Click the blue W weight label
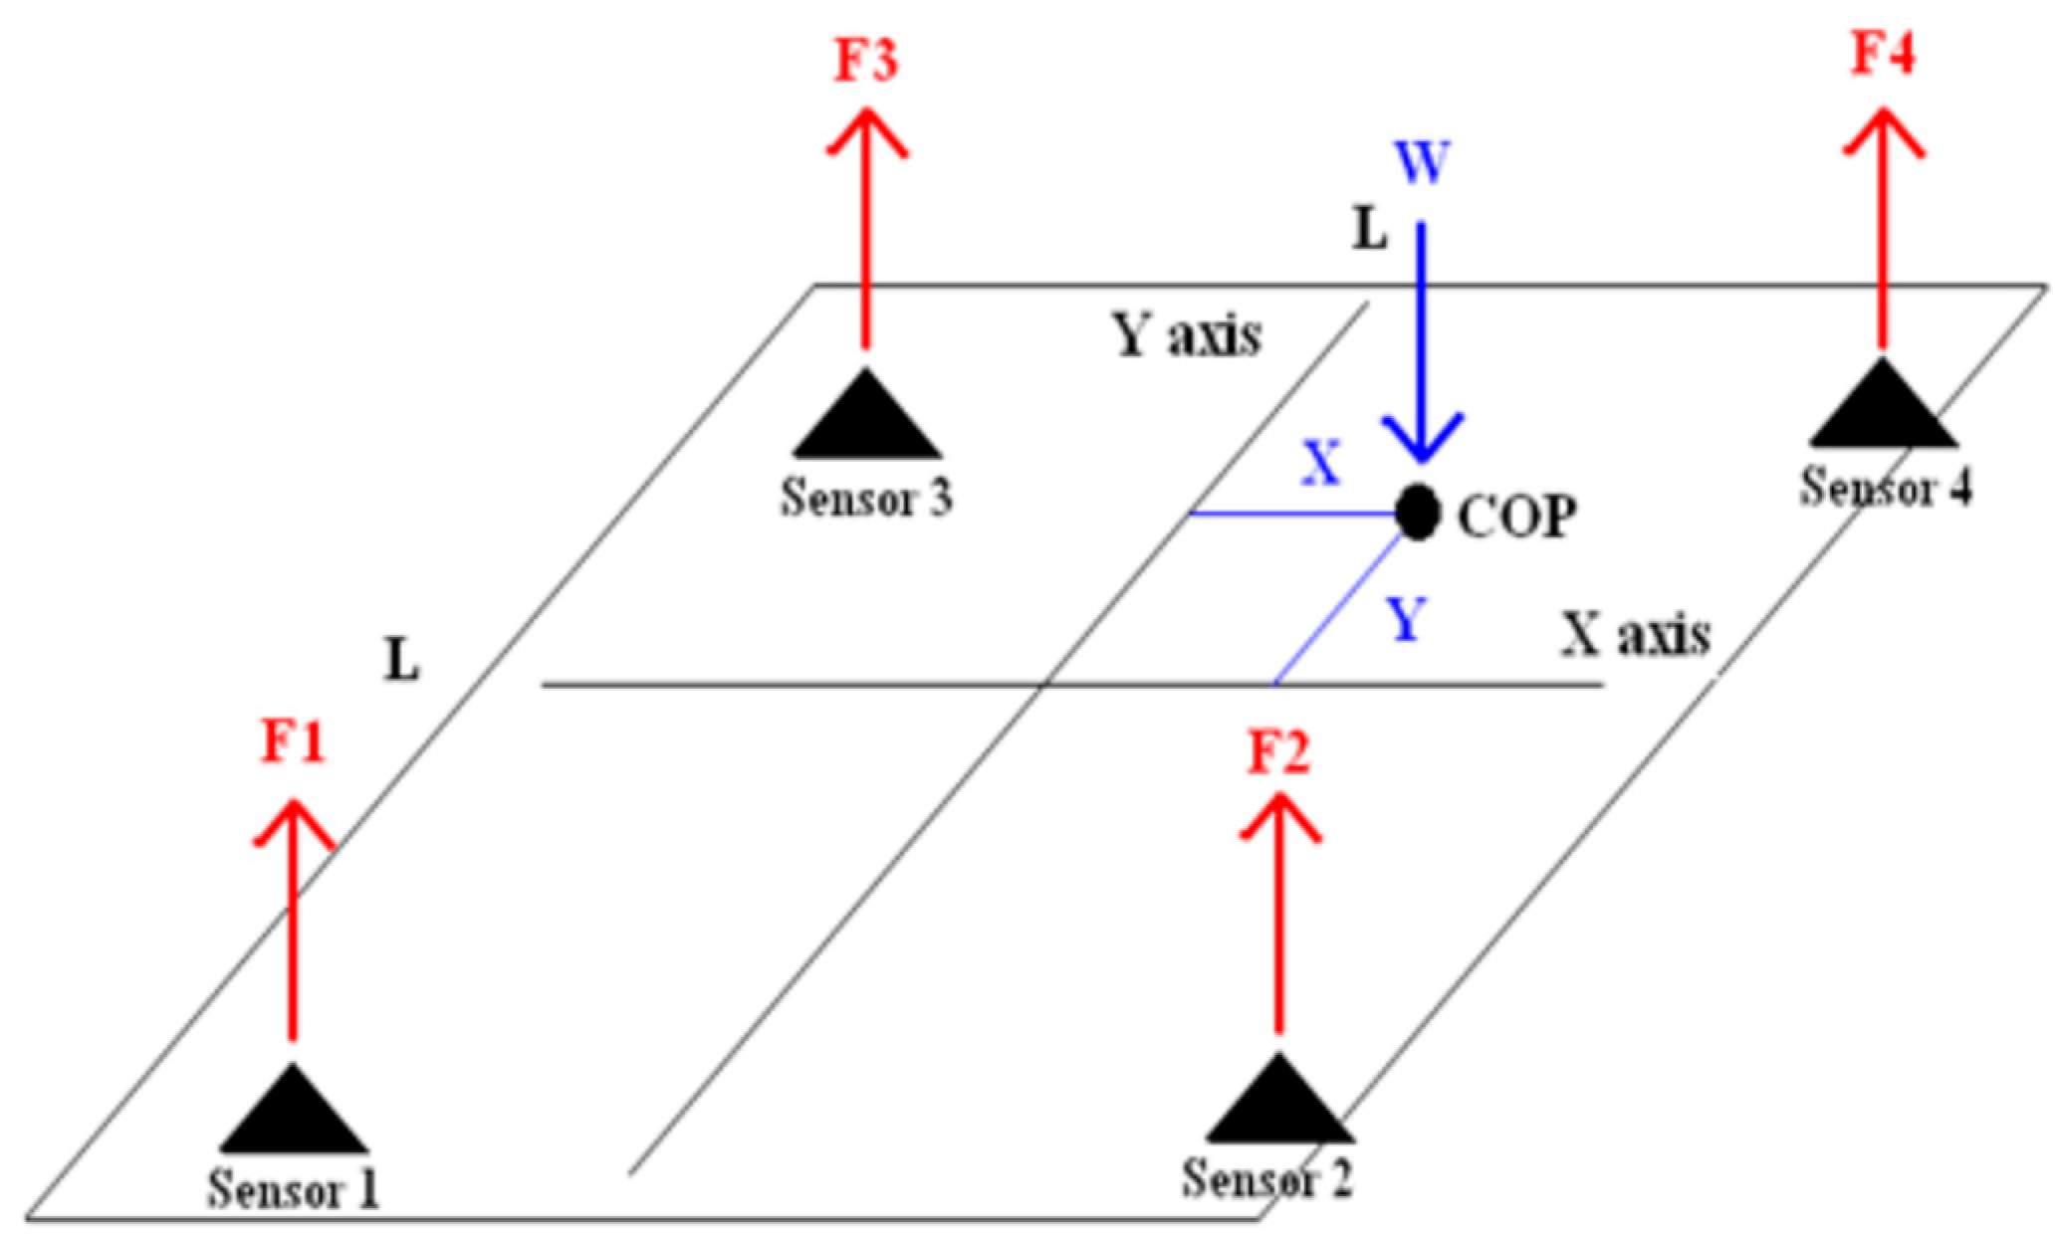1423,162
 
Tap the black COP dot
1417,513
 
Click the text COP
1517,517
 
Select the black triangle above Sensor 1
294,1111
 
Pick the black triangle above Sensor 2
1279,1101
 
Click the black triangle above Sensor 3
866,416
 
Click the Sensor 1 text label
294,1188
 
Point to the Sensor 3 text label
866,497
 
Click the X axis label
1635,634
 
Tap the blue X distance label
1322,464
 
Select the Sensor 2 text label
1266,1178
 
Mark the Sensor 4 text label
1886,488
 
